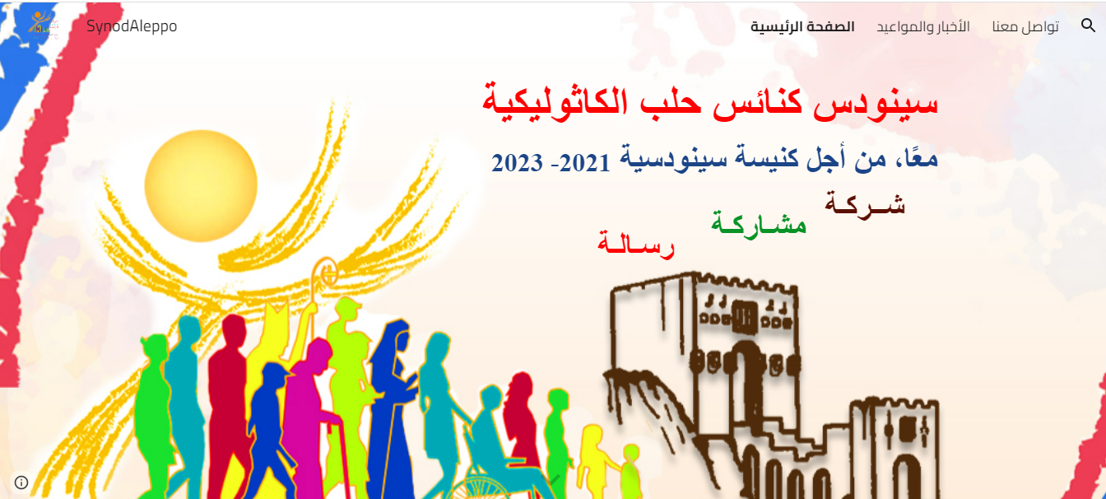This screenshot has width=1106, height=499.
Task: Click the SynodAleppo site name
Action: [132, 26]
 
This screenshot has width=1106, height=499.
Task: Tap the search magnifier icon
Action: [1088, 26]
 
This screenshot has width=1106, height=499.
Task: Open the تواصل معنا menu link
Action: [1025, 26]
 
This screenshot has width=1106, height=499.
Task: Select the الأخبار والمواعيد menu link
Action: [923, 26]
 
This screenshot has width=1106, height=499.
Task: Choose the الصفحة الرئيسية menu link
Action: [802, 26]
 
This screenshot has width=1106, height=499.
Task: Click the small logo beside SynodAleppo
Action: [44, 25]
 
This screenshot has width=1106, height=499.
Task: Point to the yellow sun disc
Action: [201, 186]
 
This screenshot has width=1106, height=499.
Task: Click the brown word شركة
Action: [865, 203]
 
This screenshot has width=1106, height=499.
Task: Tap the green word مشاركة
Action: [759, 224]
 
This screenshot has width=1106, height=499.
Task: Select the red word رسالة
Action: [636, 243]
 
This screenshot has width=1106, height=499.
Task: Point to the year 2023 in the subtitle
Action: [517, 163]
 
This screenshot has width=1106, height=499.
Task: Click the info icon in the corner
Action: [21, 483]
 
